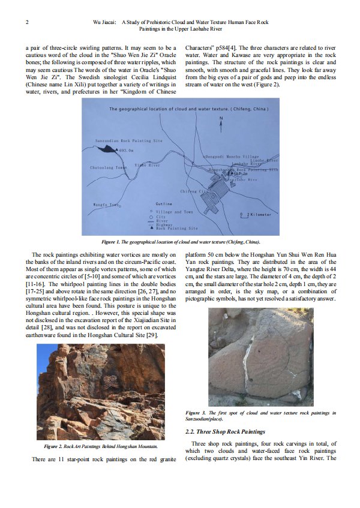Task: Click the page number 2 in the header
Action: [28, 22]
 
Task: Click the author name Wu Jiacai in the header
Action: [106, 22]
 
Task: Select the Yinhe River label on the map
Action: [146, 164]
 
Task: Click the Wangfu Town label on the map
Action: [106, 205]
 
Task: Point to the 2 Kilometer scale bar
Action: [256, 214]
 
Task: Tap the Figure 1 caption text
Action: [180, 241]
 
